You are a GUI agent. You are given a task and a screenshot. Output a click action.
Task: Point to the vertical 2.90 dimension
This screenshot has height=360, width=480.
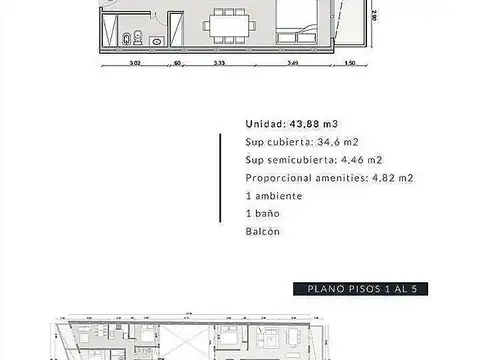(x=373, y=16)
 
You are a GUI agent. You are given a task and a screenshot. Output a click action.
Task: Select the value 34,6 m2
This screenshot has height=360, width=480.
(x=322, y=142)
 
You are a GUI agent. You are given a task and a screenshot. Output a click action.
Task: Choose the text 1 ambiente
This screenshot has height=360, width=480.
(x=273, y=196)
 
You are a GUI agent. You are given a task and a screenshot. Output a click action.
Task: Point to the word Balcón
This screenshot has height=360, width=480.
(x=262, y=232)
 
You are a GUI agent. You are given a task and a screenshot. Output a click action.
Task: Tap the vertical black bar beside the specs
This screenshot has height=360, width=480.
(x=219, y=178)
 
